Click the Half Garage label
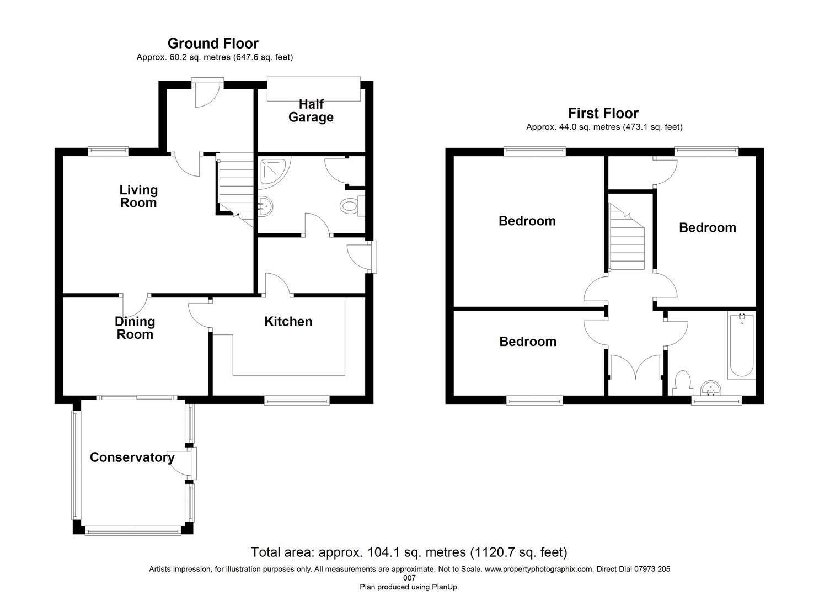point(311,111)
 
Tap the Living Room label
point(138,196)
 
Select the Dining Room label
point(135,328)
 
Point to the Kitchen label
point(288,321)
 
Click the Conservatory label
point(132,457)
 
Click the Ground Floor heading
point(213,43)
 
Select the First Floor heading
point(603,113)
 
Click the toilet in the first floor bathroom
point(682,383)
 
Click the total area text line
point(409,552)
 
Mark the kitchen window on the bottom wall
point(297,401)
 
